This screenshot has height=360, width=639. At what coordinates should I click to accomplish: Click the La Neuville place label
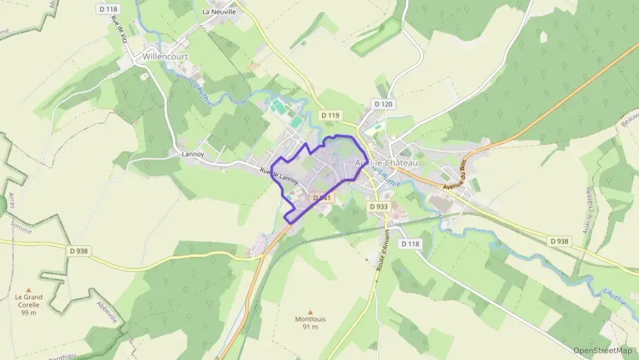(219, 12)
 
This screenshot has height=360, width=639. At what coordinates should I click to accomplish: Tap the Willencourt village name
(165, 56)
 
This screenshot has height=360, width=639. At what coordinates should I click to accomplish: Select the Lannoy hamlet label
(193, 154)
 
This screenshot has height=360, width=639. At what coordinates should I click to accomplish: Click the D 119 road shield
(330, 115)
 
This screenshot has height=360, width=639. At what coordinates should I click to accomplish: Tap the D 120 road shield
(383, 104)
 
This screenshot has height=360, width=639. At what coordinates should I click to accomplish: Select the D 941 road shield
(322, 197)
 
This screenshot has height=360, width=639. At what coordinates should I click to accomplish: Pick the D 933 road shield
(379, 206)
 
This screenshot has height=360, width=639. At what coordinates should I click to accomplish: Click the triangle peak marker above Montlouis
(310, 311)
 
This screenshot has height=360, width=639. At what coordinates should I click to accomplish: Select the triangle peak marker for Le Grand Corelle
(28, 289)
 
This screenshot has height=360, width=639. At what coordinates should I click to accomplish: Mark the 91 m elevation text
(310, 327)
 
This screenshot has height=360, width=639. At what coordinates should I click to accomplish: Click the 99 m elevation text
(28, 312)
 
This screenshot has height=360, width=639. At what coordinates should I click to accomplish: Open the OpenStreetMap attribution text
(602, 350)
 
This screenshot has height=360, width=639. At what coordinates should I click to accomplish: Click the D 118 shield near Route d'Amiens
(410, 243)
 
